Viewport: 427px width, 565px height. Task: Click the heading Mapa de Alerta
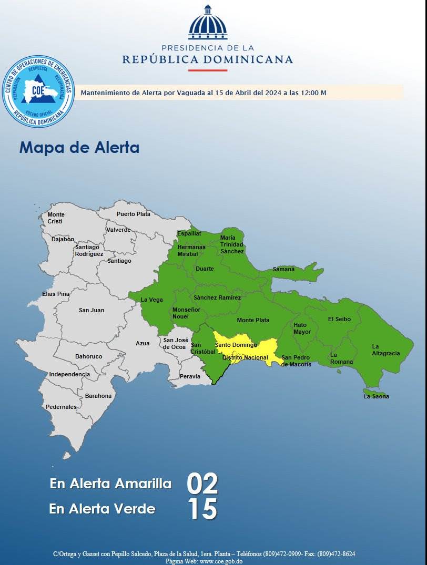[79, 147]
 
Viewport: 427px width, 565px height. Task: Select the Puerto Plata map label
[133, 214]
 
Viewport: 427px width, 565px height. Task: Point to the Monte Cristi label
[56, 218]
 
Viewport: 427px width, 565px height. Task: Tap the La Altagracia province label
[385, 350]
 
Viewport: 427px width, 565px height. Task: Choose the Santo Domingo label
[236, 345]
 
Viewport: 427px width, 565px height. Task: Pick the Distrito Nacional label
[245, 357]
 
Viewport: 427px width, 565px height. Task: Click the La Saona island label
[376, 396]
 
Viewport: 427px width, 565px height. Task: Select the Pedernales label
[61, 407]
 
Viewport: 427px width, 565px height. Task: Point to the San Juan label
[91, 310]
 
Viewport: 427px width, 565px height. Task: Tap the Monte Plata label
[253, 320]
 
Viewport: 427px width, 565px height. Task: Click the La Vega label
[151, 300]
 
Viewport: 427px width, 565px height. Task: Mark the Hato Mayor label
[302, 328]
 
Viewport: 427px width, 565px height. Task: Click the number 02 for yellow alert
[202, 484]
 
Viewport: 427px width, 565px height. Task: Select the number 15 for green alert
[202, 509]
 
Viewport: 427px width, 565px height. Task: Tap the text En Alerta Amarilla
[110, 484]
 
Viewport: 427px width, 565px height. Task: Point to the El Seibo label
[339, 319]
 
